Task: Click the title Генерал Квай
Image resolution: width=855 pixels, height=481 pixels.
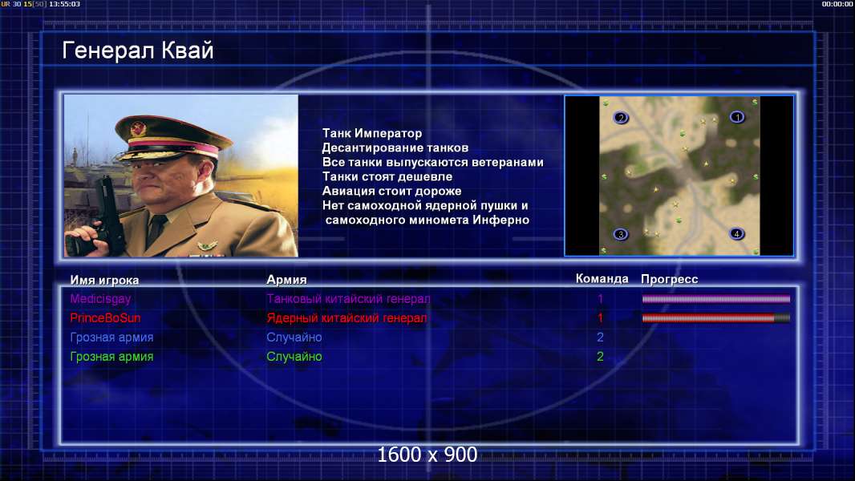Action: [138, 51]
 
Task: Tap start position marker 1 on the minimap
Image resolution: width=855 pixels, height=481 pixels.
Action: [737, 117]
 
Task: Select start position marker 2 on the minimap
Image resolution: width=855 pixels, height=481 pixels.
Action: [621, 118]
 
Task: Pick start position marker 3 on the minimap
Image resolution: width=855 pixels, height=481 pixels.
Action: [621, 234]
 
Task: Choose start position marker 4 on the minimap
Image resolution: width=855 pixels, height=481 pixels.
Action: [736, 234]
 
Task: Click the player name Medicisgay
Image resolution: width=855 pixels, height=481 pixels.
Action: [100, 299]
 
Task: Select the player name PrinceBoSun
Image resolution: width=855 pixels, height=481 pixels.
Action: [105, 318]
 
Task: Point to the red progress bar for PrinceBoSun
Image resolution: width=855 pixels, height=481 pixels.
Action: [716, 318]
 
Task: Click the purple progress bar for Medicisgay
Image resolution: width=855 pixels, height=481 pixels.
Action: [716, 299]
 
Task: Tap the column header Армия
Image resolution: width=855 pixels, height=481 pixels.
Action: [286, 280]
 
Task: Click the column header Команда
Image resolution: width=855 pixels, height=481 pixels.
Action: [602, 279]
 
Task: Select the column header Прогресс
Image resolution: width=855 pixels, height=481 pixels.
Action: [670, 280]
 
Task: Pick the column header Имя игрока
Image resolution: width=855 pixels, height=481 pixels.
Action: [104, 281]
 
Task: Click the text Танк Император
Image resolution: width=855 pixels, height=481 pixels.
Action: [372, 133]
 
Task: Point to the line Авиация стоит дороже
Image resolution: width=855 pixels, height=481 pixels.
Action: [391, 192]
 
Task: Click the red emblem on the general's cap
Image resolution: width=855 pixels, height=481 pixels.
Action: [139, 128]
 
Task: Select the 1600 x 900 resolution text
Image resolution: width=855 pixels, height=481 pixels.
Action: [427, 455]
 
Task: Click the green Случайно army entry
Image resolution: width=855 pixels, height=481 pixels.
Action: [294, 357]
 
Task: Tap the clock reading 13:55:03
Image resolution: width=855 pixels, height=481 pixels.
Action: [64, 4]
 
